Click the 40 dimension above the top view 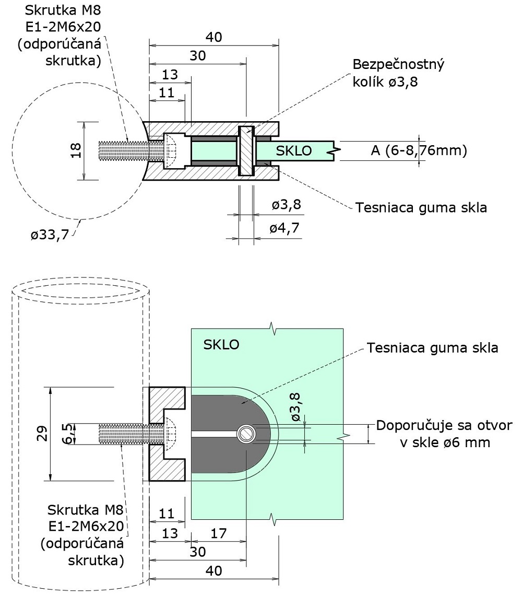[x=213, y=37]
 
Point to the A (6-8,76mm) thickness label [x=418, y=151]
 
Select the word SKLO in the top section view [x=293, y=151]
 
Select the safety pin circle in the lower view [x=245, y=434]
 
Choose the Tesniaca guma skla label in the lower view [x=432, y=347]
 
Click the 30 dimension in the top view [x=197, y=56]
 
